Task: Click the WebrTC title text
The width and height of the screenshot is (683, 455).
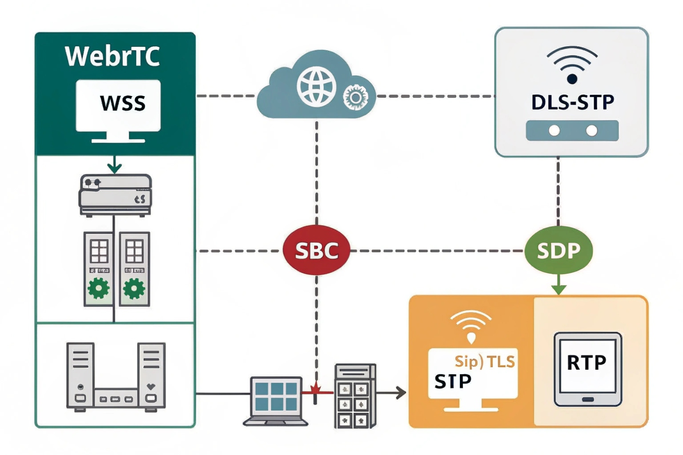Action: pyautogui.click(x=112, y=57)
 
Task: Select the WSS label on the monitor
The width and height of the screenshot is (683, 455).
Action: pyautogui.click(x=123, y=103)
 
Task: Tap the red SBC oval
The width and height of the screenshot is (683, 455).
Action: pyautogui.click(x=316, y=250)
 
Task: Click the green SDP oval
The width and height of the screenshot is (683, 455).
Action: pyautogui.click(x=558, y=250)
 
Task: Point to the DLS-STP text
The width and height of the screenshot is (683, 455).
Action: pyautogui.click(x=572, y=102)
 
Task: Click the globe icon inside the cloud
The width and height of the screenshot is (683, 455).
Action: pyautogui.click(x=316, y=87)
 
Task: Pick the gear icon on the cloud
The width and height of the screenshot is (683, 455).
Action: pyautogui.click(x=355, y=97)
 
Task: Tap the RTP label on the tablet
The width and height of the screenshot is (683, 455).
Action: pyautogui.click(x=586, y=363)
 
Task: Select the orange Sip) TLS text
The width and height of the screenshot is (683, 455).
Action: pyautogui.click(x=485, y=361)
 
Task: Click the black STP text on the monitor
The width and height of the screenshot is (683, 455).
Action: pyautogui.click(x=453, y=381)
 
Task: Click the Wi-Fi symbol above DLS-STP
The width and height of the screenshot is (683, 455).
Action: pyautogui.click(x=572, y=65)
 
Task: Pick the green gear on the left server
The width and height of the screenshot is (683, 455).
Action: pyautogui.click(x=98, y=288)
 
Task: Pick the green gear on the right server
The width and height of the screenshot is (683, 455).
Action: pyautogui.click(x=134, y=288)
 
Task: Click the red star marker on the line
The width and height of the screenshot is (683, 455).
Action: pyautogui.click(x=316, y=389)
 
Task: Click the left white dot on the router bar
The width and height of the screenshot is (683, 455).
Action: pyautogui.click(x=554, y=131)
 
